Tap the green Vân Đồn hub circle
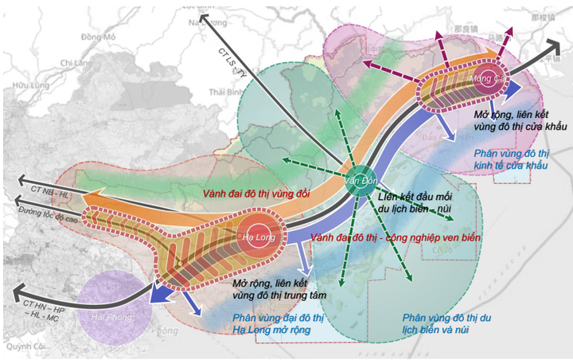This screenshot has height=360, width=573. [x=360, y=180]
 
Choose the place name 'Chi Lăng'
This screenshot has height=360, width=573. [x=76, y=62]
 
